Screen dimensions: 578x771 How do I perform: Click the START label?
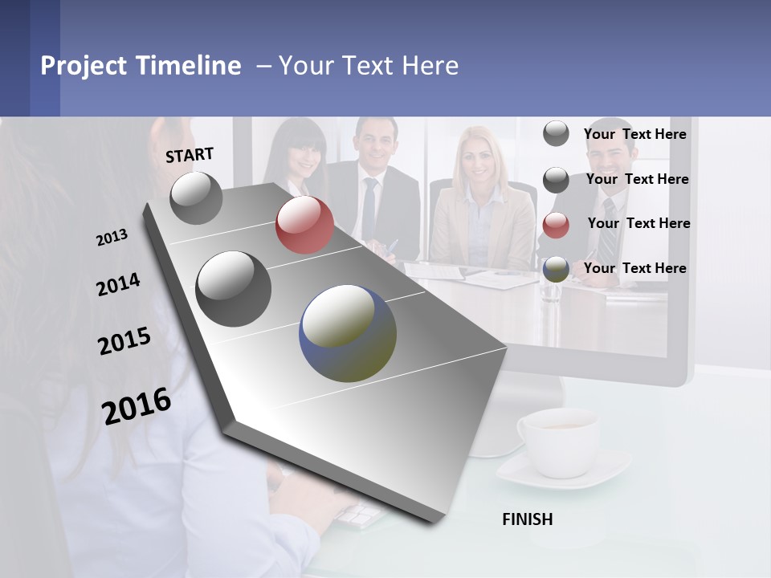(x=190, y=155)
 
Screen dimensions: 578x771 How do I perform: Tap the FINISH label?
(x=527, y=519)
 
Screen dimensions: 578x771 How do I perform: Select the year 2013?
(x=112, y=238)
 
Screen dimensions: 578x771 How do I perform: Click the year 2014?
(x=118, y=285)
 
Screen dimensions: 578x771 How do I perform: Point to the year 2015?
(x=124, y=341)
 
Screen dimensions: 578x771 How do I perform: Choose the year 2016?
(x=137, y=406)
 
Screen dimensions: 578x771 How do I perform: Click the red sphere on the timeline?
(x=304, y=225)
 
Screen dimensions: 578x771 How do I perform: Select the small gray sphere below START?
(x=197, y=197)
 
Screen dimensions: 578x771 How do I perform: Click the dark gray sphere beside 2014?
(x=233, y=289)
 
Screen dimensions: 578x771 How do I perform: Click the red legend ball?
(x=556, y=226)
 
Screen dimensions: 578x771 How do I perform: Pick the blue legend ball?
(x=556, y=270)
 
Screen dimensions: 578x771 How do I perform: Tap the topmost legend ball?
(x=556, y=133)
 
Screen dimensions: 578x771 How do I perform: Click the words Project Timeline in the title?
(x=141, y=66)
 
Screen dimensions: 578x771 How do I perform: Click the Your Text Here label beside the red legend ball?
(x=638, y=223)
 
